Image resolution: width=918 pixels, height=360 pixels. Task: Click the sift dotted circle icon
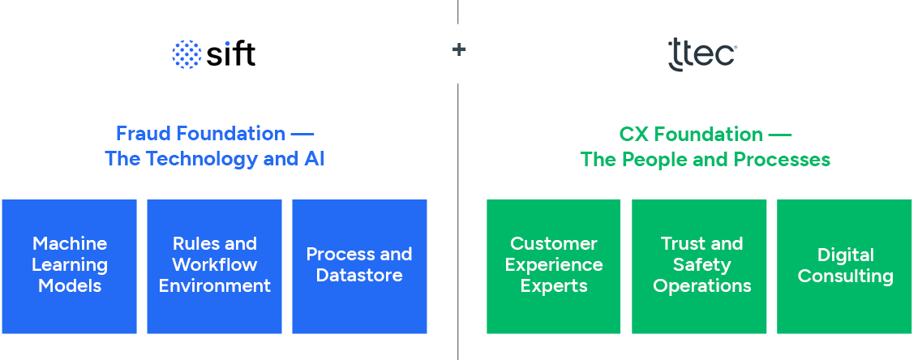[x=187, y=54]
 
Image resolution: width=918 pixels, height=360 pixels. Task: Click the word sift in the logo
[x=229, y=54]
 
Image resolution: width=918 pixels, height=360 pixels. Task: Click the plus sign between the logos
[x=459, y=50]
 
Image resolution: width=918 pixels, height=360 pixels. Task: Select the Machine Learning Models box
[x=70, y=266]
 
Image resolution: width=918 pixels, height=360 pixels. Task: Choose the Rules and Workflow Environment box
[x=215, y=266]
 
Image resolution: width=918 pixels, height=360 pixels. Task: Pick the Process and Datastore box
[x=359, y=266]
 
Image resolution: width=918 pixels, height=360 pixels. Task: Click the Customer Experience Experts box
[x=554, y=266]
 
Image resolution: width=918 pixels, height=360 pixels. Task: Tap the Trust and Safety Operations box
[x=701, y=266]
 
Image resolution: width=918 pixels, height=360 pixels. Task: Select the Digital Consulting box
[x=845, y=266]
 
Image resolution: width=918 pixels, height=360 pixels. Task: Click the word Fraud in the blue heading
[x=143, y=134]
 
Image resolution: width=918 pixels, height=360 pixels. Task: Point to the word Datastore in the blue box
[x=359, y=276]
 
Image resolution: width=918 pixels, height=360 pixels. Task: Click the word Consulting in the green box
[x=845, y=276]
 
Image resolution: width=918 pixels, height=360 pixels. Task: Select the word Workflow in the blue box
[x=215, y=265]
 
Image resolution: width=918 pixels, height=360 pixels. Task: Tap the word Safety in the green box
[x=701, y=265]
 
